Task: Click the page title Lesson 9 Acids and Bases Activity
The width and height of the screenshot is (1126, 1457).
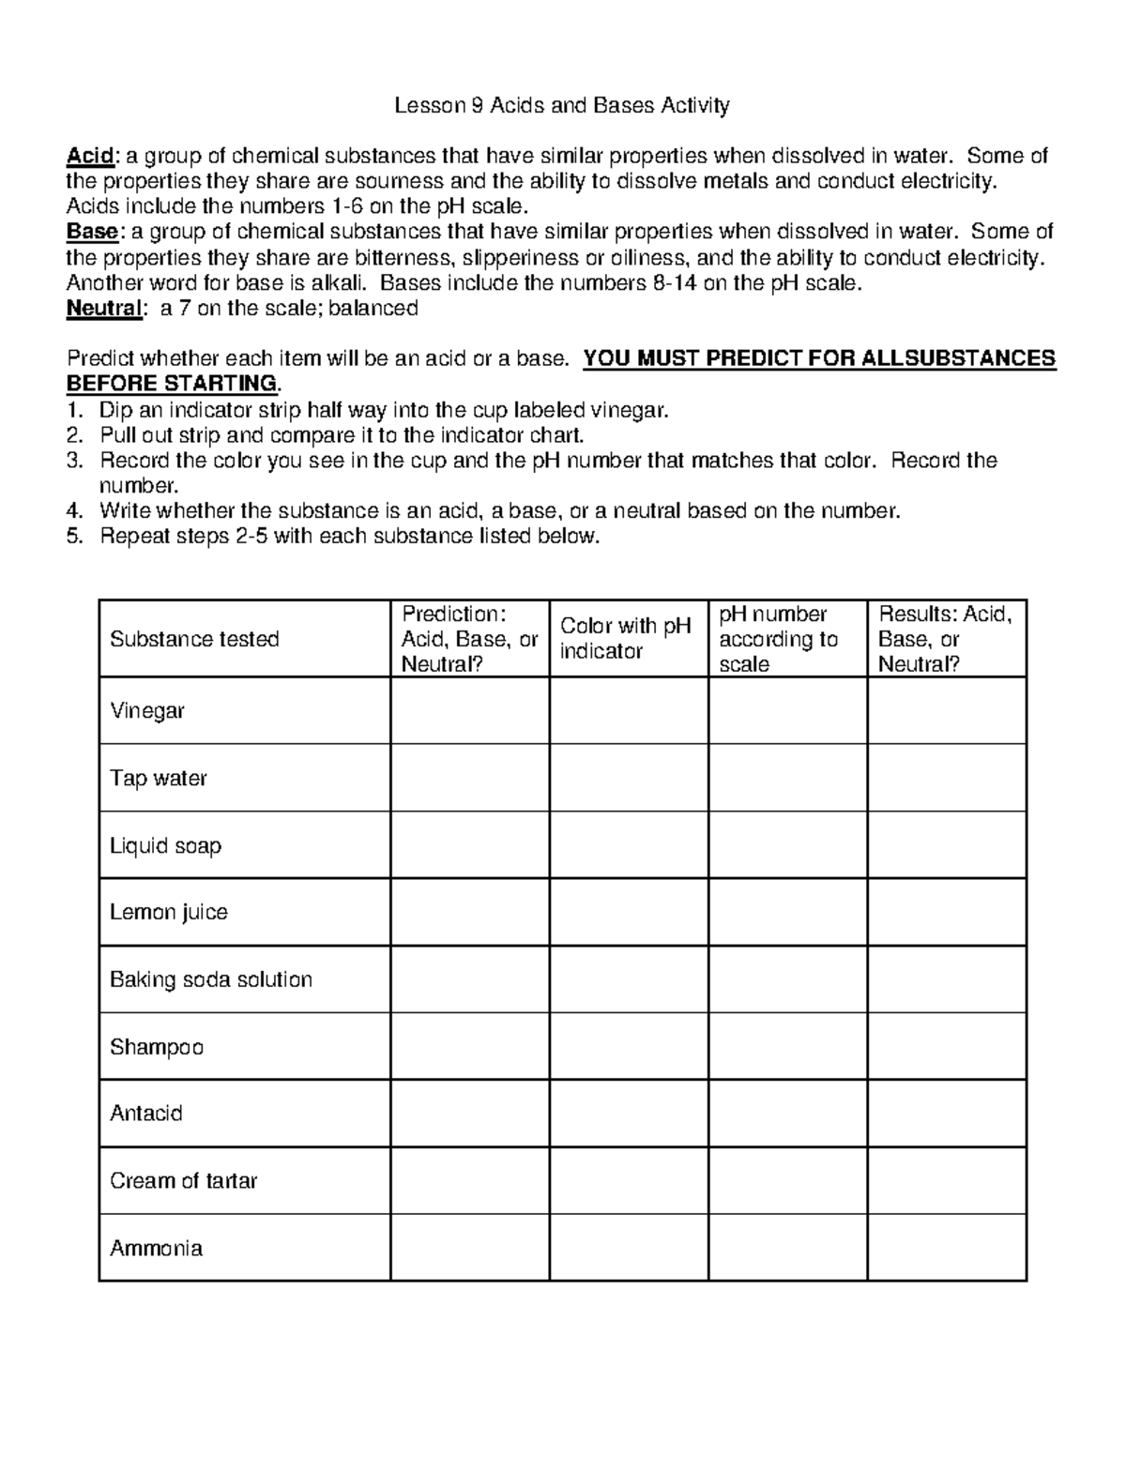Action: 561,105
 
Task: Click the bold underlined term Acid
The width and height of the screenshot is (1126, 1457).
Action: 88,156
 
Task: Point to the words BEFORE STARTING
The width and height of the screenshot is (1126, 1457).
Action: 172,384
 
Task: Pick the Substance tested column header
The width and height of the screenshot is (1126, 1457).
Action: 194,639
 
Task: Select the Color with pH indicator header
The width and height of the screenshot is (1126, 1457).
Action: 625,638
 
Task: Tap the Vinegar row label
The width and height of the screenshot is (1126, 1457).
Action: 146,710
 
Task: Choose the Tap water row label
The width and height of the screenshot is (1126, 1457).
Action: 158,778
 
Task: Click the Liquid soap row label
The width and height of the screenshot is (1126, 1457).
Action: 165,845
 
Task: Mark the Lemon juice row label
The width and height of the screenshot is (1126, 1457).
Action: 168,912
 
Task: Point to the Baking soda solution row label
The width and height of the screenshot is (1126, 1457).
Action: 210,979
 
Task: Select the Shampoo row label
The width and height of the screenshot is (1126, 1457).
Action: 156,1046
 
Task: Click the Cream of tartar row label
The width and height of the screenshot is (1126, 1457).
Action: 183,1180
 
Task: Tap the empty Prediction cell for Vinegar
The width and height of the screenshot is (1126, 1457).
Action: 469,710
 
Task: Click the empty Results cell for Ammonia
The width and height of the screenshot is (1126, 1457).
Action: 946,1248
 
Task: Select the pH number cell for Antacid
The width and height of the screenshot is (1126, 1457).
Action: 787,1114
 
